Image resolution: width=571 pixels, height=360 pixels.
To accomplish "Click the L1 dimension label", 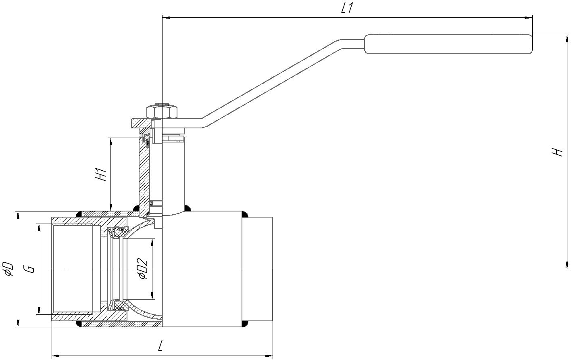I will tap(347, 8).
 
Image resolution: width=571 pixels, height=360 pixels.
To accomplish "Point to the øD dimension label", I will tap(8, 268).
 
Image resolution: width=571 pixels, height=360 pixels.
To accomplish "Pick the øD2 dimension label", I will tap(143, 269).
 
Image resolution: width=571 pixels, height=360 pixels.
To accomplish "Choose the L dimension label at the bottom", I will tap(160, 346).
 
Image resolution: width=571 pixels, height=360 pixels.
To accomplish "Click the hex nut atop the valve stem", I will tap(162, 111).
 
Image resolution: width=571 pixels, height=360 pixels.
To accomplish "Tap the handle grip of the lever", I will tap(448, 44).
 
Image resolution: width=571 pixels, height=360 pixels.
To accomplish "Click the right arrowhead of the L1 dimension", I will tap(529, 18).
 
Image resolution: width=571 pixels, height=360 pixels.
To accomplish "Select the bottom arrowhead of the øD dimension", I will tap(18, 324).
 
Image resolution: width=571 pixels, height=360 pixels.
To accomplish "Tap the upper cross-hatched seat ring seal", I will tap(120, 232).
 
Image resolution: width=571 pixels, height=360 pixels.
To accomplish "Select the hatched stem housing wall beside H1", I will tap(143, 174).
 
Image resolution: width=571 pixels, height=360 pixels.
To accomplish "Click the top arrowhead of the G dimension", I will tap(39, 226).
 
